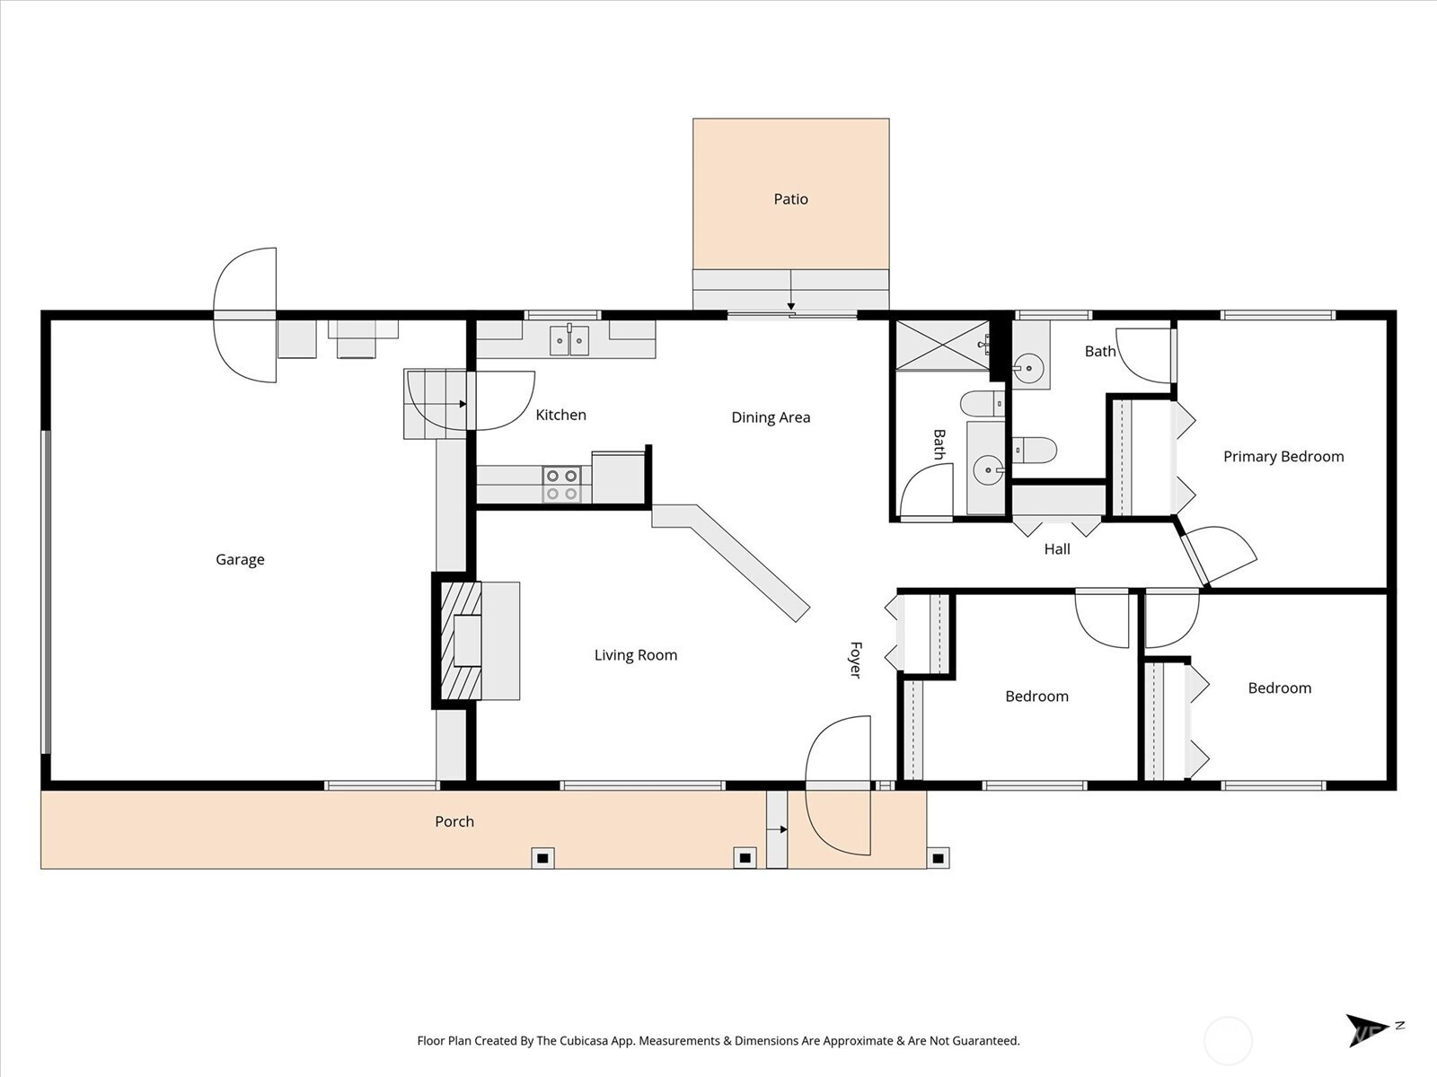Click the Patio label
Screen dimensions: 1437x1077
[x=790, y=198]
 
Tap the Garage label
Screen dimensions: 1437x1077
[x=241, y=560]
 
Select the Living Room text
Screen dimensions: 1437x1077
[x=636, y=655]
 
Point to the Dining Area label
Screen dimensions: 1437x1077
[x=771, y=417]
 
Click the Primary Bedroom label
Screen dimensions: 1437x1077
[x=1283, y=457]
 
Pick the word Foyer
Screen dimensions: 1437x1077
[x=856, y=660]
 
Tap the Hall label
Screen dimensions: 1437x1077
[x=1056, y=549]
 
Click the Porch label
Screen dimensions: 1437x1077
[x=454, y=821]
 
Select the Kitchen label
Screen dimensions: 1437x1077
[x=560, y=415]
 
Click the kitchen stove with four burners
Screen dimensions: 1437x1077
[x=561, y=485]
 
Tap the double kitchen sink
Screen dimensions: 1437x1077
[x=569, y=341]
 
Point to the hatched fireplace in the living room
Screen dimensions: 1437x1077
[x=461, y=641]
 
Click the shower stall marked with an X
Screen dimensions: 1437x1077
[x=942, y=346]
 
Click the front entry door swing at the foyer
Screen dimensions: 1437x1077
[x=838, y=785]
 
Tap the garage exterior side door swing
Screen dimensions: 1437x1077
[x=245, y=314]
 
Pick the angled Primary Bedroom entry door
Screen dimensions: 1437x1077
[x=1218, y=555]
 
